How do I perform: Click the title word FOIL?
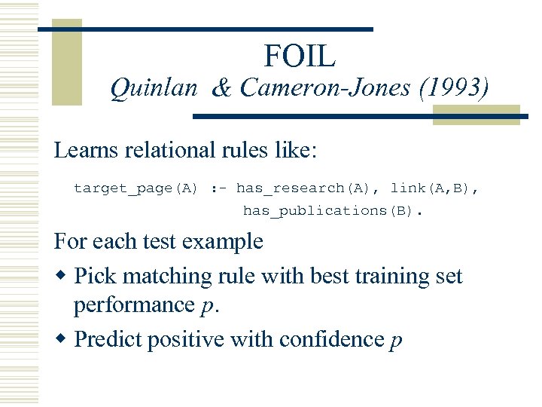coord(300,55)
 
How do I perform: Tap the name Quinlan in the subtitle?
coord(154,90)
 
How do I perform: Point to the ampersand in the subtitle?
coord(221,90)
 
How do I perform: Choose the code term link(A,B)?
coord(434,188)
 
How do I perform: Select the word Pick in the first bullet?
coord(96,276)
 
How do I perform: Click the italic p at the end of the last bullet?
coord(396,341)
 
